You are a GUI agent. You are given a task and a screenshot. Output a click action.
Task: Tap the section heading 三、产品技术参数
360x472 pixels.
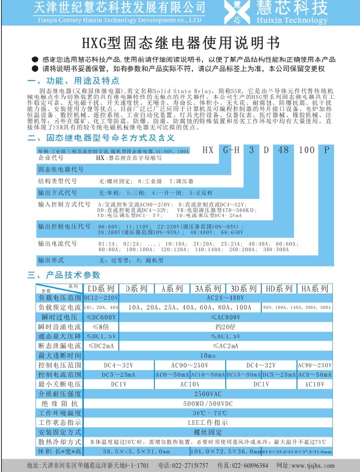pos(65,275)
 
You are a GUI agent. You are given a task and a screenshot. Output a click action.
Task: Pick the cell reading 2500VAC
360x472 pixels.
pos(209,393)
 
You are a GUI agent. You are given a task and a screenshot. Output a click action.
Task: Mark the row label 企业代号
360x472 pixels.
pos(49,159)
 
